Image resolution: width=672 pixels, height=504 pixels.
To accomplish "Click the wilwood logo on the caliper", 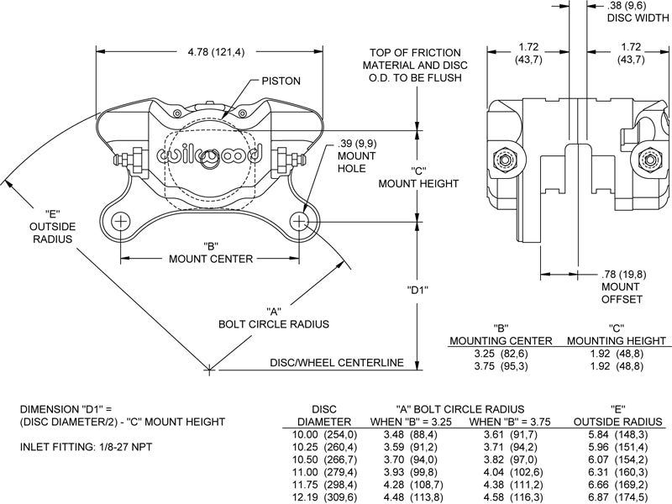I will point(210,155).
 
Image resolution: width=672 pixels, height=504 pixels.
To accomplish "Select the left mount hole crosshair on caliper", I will point(122,222).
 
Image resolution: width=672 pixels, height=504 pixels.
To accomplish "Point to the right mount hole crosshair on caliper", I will point(300,222).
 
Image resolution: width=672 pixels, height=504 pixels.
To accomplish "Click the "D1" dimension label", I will point(418,291).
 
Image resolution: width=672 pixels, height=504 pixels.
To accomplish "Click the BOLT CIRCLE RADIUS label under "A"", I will point(273,323).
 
